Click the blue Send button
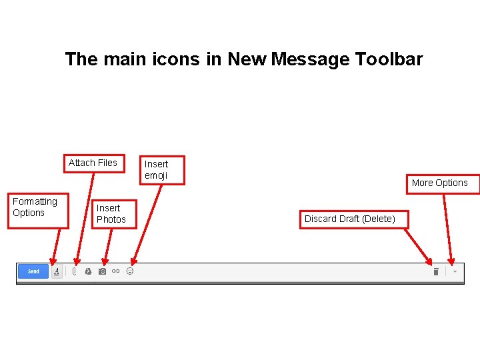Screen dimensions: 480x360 coord(33,271)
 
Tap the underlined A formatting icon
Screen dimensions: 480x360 coord(57,271)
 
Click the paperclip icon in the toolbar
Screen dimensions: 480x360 coord(75,271)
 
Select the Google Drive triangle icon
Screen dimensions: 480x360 coord(87,271)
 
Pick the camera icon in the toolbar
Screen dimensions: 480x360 coord(102,271)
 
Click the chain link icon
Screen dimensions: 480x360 coord(116,271)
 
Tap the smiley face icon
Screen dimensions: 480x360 coord(130,271)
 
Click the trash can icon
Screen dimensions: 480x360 coord(435,271)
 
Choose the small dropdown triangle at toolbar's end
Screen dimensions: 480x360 coord(455,271)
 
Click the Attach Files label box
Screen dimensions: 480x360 coord(93,163)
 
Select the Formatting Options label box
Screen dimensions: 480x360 coord(37,207)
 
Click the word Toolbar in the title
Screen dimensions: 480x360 coord(389,59)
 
